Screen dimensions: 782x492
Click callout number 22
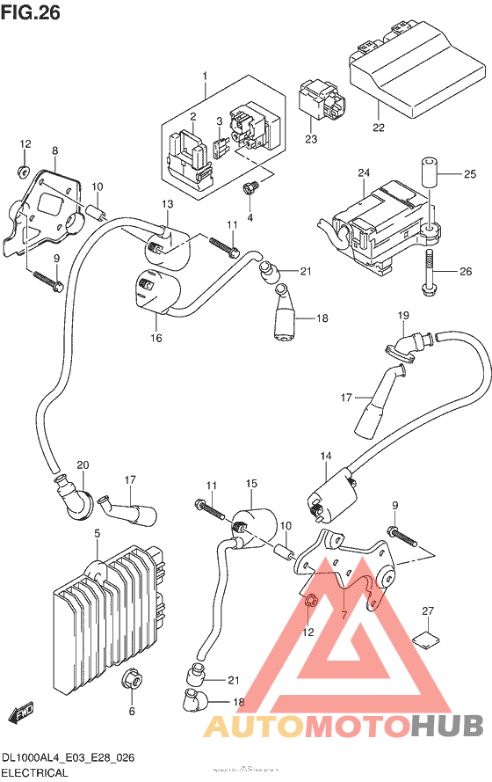[378, 128]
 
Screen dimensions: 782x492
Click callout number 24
[362, 174]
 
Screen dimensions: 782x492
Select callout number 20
[83, 464]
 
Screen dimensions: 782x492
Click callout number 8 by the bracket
[54, 151]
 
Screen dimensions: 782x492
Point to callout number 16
[156, 337]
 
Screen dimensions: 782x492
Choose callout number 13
[168, 204]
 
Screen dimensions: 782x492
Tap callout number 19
[403, 315]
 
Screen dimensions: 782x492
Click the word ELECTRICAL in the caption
[34, 772]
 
